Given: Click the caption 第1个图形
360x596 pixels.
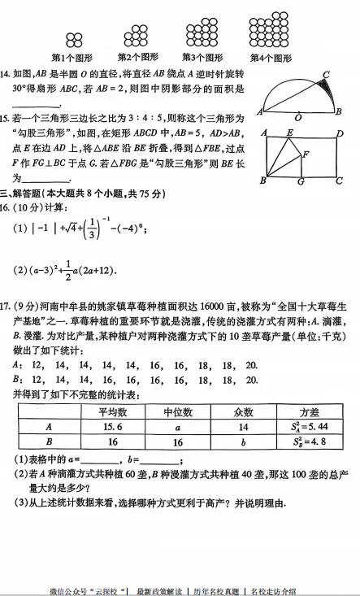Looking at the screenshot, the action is coord(75,58).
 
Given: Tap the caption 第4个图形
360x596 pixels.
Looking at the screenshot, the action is coord(270,58).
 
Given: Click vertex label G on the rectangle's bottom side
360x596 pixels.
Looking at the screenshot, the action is coord(300,181).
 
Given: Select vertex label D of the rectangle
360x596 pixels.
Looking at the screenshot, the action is coord(340,133).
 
